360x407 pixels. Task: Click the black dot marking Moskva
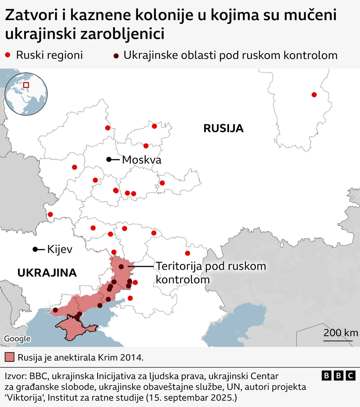[x=109, y=159]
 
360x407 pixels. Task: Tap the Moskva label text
[x=141, y=160]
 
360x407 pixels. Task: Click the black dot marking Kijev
[x=35, y=249]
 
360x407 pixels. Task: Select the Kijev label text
[x=59, y=250]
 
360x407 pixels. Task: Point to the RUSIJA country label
[x=223, y=128]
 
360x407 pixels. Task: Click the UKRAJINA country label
[x=47, y=273]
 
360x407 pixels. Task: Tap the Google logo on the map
[x=17, y=338]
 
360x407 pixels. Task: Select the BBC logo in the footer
[x=339, y=376]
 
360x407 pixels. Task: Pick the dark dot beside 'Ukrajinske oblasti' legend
[x=116, y=56]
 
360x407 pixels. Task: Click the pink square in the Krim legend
[x=10, y=358]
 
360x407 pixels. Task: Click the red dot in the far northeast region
[x=314, y=95]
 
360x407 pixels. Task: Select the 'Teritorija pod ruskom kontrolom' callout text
[x=210, y=272]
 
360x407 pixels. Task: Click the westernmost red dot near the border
[x=50, y=214]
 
